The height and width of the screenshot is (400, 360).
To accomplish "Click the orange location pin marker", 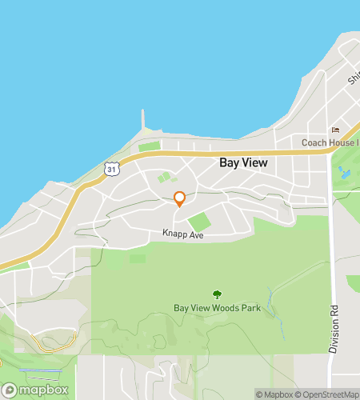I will pyautogui.click(x=180, y=198).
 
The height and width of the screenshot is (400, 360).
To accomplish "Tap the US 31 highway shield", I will pyautogui.click(x=113, y=168).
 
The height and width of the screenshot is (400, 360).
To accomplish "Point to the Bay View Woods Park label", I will pyautogui.click(x=217, y=308).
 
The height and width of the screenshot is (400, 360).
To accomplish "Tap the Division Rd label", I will pyautogui.click(x=334, y=328).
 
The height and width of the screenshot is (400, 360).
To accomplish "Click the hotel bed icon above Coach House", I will pyautogui.click(x=335, y=131).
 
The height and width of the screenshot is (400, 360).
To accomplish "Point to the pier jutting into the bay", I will pyautogui.click(x=144, y=120).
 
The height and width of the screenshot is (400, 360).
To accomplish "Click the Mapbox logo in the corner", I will pyautogui.click(x=35, y=390).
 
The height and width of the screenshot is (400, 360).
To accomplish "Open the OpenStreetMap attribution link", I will pyautogui.click(x=328, y=394).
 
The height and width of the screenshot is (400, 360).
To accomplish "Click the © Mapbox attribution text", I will pyautogui.click(x=274, y=394).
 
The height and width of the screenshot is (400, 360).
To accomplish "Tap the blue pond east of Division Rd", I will pyautogui.click(x=345, y=173).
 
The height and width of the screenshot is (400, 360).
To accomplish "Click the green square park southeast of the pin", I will pyautogui.click(x=199, y=220).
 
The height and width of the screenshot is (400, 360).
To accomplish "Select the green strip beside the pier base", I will pyautogui.click(x=150, y=146).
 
